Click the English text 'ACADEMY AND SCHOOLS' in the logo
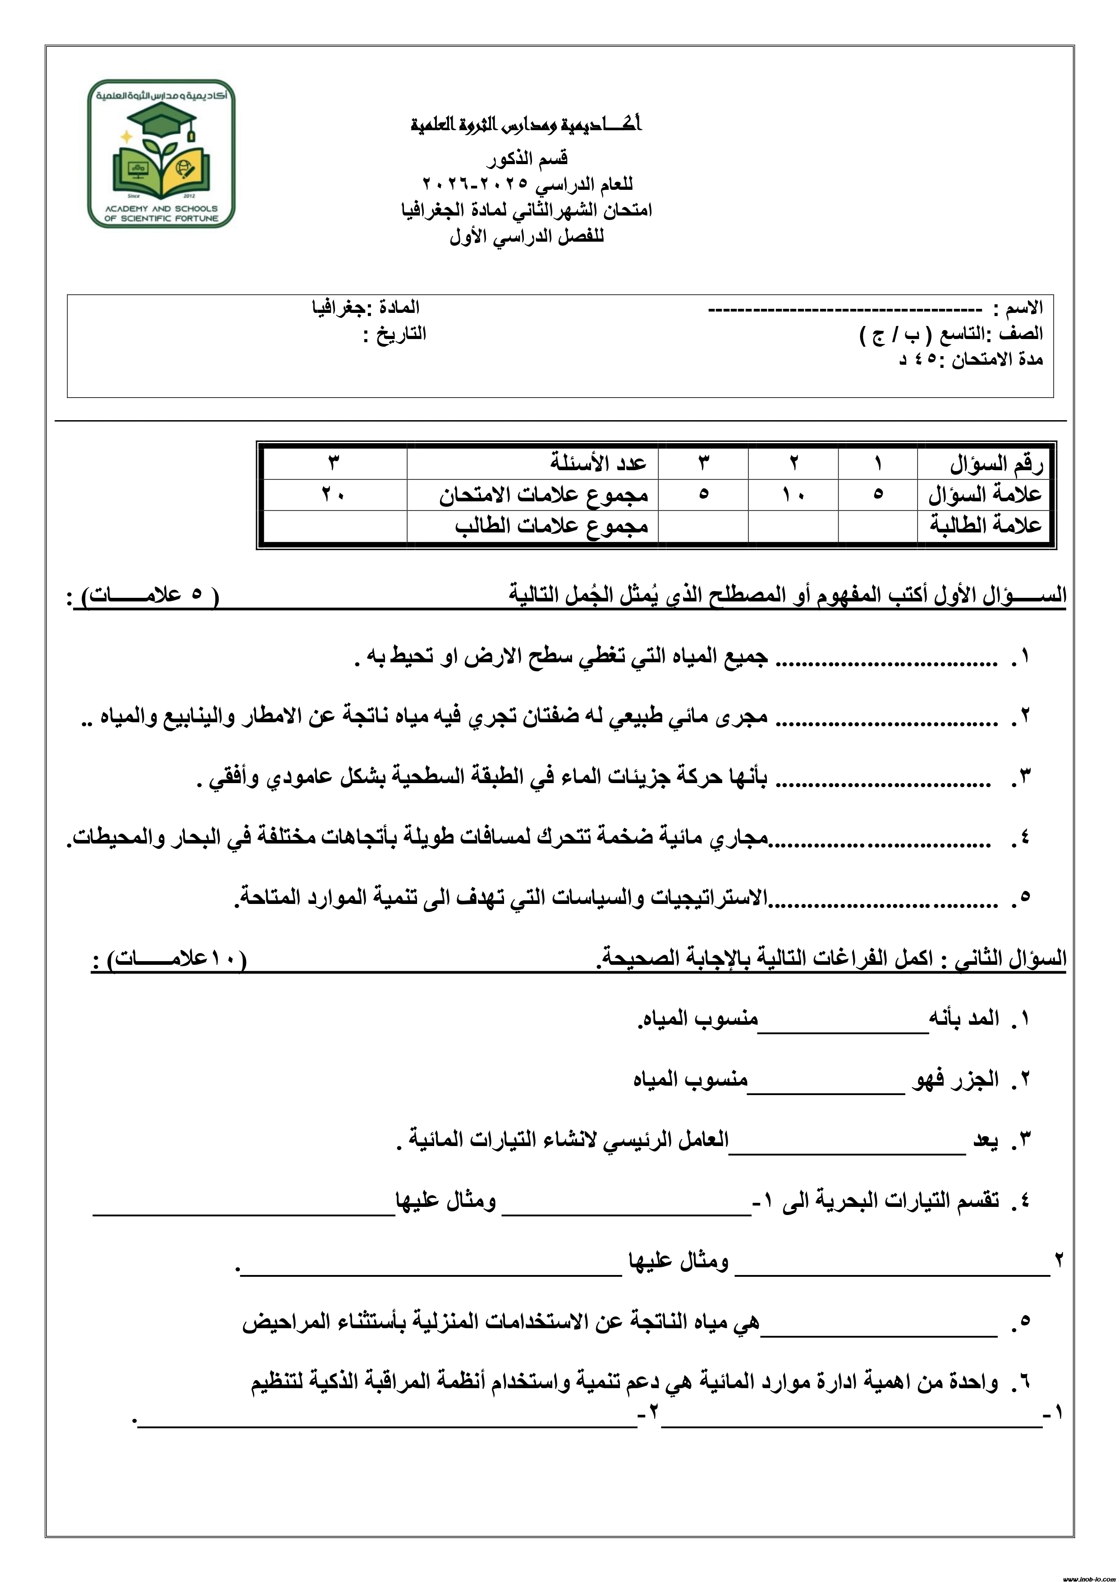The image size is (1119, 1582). (162, 208)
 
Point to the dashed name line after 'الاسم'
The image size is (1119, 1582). (845, 309)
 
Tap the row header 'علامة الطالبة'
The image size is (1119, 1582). (986, 526)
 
